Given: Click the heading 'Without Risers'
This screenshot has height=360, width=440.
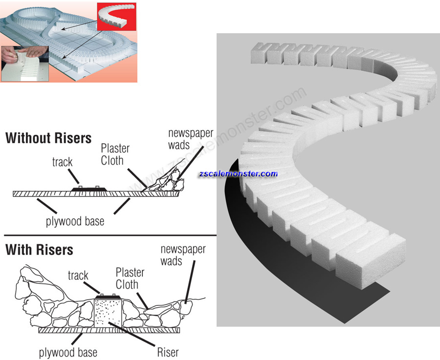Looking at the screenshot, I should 48,138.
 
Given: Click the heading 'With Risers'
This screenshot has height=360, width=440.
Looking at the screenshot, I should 39,250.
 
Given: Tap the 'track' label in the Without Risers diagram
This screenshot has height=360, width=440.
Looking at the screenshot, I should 62,162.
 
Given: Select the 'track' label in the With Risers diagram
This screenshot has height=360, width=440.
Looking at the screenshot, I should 78,276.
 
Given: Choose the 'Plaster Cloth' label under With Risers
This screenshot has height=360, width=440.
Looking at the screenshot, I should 130,278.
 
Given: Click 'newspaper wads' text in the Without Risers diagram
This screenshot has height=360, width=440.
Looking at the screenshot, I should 186,139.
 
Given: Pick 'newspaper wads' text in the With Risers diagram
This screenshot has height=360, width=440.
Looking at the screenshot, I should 183,255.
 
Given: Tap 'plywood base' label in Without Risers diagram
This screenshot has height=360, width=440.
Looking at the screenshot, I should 75,221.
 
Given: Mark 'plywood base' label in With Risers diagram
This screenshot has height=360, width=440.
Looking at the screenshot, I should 68,352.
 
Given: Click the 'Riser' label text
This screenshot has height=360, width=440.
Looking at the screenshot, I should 168,352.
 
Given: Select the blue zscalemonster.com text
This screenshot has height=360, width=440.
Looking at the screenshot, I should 238,173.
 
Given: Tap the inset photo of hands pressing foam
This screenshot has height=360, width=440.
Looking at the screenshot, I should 24,64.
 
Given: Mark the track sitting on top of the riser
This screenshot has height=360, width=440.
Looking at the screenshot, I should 108,296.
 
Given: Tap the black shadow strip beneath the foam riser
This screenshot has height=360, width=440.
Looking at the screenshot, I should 293,274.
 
